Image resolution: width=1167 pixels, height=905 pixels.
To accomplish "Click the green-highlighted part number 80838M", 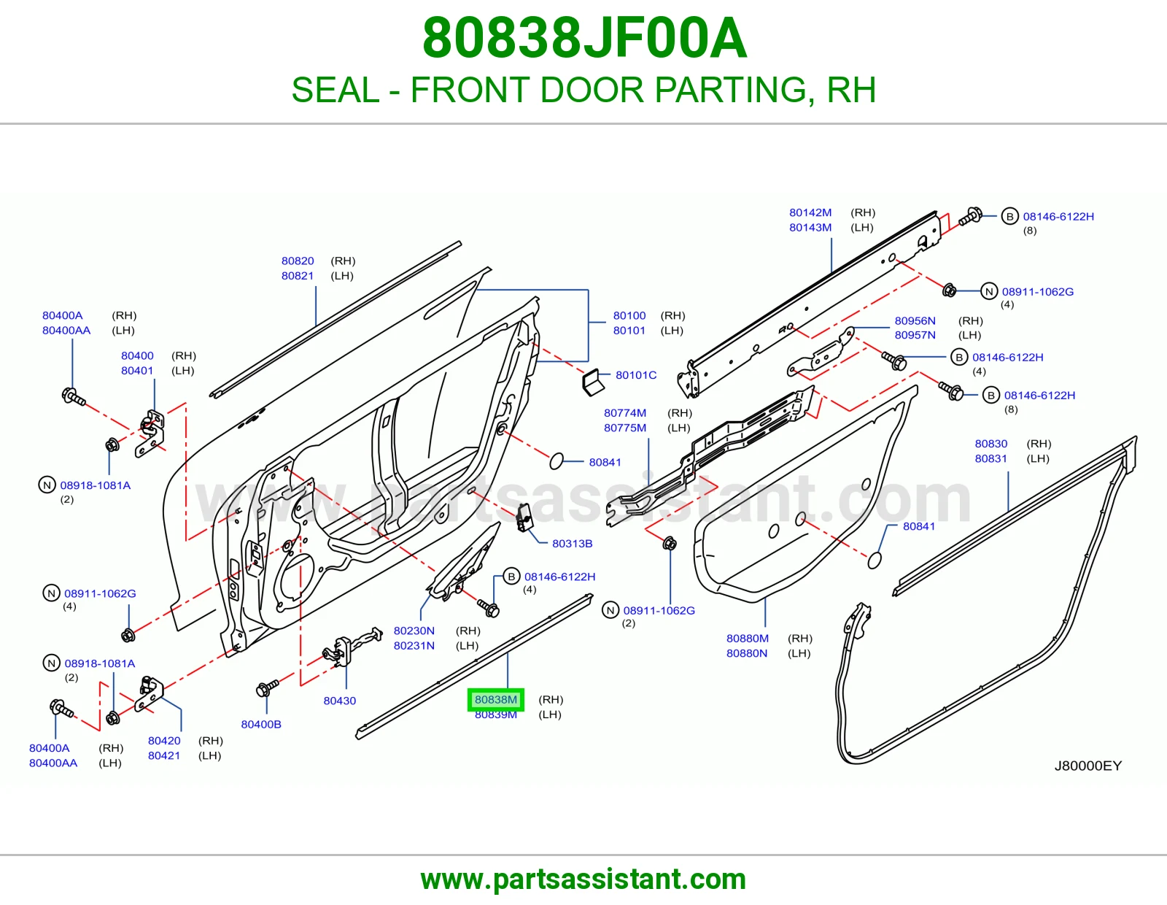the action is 496,699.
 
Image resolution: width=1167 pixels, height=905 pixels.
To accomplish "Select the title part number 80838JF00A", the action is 584,38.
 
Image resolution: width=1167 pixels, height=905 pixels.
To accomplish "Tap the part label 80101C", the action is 636,374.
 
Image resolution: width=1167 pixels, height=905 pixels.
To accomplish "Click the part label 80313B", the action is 572,543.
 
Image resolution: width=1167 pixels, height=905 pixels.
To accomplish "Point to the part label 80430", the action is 339,700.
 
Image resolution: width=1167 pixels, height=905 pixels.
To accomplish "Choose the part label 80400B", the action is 261,724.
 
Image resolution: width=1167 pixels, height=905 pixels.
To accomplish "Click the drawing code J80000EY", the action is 1088,766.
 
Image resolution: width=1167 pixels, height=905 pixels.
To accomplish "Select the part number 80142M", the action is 810,212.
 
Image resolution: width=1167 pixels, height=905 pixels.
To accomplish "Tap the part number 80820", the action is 298,261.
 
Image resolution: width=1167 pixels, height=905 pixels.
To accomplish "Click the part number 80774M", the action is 624,413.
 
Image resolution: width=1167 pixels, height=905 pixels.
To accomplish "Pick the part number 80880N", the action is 747,653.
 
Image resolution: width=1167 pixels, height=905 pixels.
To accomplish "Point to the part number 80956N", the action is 915,320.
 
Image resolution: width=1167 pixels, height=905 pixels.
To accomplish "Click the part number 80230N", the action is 414,631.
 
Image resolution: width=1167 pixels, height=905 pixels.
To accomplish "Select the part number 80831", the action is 990,458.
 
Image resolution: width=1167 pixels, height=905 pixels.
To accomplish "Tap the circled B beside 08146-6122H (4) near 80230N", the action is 511,576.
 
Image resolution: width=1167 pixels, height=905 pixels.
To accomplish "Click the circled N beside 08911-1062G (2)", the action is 610,610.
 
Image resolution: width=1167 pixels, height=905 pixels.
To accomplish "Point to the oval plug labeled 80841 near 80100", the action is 557,461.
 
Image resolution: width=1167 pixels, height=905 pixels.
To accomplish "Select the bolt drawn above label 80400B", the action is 267,688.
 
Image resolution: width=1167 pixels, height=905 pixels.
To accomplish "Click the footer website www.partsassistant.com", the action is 583,879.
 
